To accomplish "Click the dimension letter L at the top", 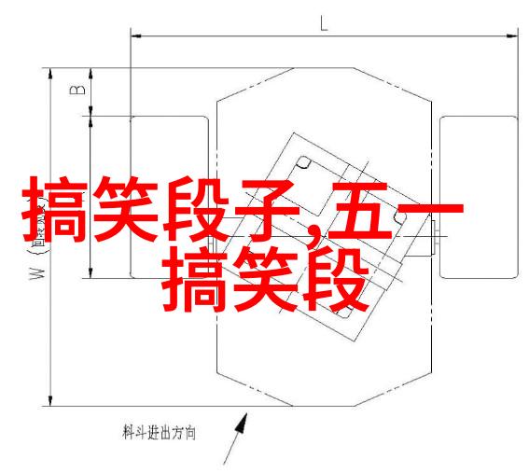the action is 324,23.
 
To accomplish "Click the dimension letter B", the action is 77,90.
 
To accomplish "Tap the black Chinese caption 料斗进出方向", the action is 159,433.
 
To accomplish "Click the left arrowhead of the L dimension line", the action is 136,35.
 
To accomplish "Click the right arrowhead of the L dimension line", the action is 512,35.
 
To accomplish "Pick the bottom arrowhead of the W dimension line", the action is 50,400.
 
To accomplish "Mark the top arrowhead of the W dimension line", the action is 50,75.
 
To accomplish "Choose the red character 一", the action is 429,210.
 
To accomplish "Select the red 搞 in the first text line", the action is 55,210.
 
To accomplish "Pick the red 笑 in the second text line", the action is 266,280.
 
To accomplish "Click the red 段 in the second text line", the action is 335,280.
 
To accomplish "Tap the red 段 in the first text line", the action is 196,210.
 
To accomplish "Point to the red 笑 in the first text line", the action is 126,210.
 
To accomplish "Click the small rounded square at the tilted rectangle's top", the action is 303,162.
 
